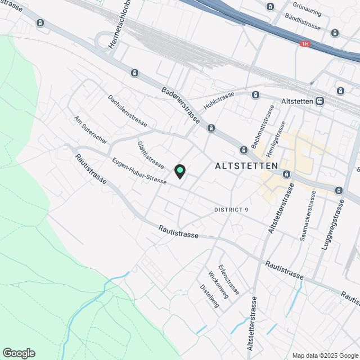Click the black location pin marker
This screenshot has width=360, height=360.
tap(179, 171)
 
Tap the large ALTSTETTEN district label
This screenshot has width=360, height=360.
tap(246, 166)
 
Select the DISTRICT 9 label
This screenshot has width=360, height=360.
tap(231, 210)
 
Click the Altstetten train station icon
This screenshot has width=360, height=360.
tap(320, 101)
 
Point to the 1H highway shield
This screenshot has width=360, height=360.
tap(305, 43)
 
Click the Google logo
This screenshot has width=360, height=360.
tap(19, 353)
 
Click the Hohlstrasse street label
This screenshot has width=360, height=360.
tap(219, 102)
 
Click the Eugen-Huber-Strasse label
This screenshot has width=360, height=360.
tap(139, 172)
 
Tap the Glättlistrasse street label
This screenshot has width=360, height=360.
tap(150, 154)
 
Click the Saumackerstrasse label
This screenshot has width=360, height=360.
tap(308, 216)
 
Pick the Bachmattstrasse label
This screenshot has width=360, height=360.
tap(267, 123)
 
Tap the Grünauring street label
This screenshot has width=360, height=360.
tap(307, 8)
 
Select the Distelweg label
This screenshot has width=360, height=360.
tap(209, 295)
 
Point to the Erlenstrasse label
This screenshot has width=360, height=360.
tap(230, 279)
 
